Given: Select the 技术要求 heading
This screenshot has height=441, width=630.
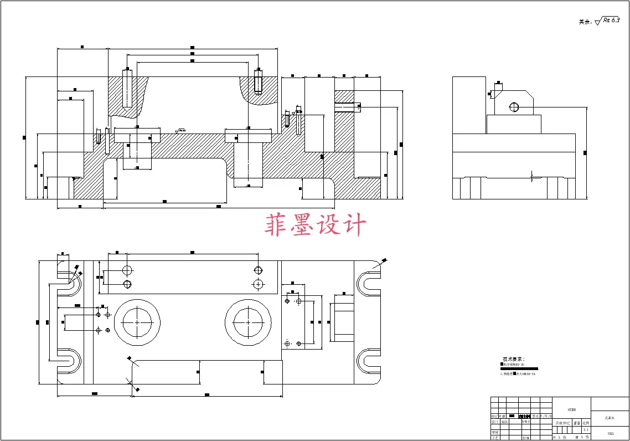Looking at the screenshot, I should (513, 359).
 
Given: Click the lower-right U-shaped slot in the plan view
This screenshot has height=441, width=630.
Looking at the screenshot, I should (369, 361).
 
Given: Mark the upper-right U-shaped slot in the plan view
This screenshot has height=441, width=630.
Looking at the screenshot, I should (369, 282).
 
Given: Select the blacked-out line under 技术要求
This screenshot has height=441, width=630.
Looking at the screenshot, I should (519, 368).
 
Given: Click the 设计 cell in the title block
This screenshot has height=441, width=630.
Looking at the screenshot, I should (495, 422).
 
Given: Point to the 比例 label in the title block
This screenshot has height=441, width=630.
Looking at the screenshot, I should (586, 422).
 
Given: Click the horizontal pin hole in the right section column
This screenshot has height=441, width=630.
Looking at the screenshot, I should (347, 107).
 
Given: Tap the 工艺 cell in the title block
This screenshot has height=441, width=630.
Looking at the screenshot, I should (495, 437).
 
